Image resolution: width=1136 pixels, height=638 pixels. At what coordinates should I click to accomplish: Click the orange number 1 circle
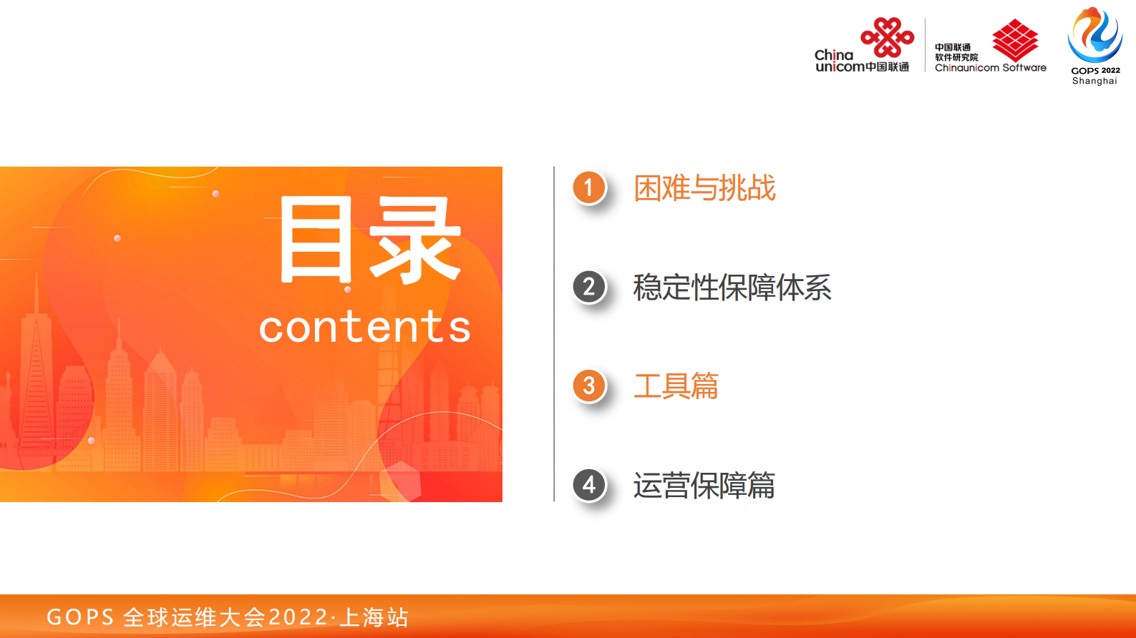tap(589, 188)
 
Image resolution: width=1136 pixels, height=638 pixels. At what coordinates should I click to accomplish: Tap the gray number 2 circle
tap(589, 288)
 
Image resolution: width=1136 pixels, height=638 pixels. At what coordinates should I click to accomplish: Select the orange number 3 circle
tap(589, 386)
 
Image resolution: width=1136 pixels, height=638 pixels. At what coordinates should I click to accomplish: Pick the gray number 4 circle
tap(589, 485)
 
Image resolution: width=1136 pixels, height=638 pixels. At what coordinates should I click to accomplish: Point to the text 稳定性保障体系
tap(732, 288)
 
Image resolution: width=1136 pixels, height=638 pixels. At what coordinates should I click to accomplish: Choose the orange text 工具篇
tap(676, 386)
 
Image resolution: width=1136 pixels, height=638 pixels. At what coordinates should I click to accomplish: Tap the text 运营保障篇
tap(704, 486)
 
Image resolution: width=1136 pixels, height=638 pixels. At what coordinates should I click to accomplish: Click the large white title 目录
tap(370, 240)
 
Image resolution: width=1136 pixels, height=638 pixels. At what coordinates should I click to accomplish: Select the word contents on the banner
tap(364, 328)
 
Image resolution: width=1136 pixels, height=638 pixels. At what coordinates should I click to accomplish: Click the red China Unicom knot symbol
tap(888, 37)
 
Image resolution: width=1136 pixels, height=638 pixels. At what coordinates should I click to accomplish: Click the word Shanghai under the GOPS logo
tap(1094, 81)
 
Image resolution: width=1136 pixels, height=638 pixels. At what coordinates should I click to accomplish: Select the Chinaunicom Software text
tap(991, 68)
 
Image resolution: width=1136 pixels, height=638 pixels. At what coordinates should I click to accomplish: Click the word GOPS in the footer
tap(80, 617)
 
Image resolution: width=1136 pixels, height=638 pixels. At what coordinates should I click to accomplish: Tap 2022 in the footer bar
tap(298, 617)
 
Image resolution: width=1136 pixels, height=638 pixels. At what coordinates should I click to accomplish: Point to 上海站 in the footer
tap(374, 617)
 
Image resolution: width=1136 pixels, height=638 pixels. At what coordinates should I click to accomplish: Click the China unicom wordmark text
tap(840, 61)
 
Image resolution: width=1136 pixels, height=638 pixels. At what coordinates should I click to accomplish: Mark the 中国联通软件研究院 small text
tap(956, 52)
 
